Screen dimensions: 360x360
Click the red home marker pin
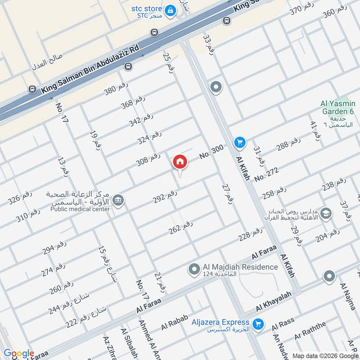click(180, 161)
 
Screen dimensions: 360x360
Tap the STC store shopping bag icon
click(170, 9)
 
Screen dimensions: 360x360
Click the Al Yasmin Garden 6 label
click(337, 108)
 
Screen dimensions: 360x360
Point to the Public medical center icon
click(118, 200)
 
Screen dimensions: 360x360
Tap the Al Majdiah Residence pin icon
click(194, 270)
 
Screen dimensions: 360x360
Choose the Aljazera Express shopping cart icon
click(258, 324)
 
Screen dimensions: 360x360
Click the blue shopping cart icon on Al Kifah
click(239, 143)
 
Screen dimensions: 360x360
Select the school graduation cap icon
click(326, 213)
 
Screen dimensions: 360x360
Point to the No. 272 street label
click(266, 174)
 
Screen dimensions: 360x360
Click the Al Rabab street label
click(174, 323)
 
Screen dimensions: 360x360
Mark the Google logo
click(19, 354)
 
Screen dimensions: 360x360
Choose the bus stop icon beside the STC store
click(154, 32)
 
